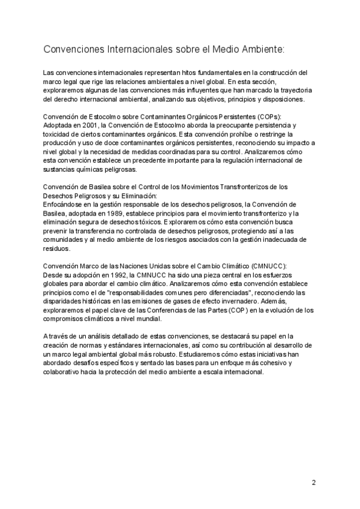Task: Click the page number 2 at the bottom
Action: click(x=313, y=482)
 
